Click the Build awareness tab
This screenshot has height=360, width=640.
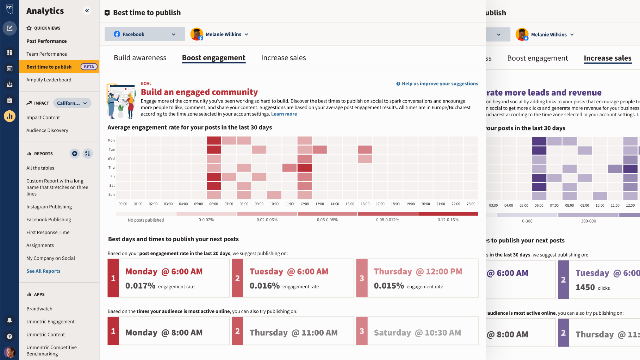(x=140, y=58)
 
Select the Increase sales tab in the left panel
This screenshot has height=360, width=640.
(x=283, y=58)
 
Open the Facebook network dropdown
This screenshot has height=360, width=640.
(x=145, y=34)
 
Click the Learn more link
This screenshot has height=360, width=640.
(x=284, y=114)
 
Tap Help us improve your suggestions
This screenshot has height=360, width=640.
(x=437, y=84)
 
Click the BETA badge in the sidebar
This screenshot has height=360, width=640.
(x=89, y=67)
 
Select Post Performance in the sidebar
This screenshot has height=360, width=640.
(x=46, y=41)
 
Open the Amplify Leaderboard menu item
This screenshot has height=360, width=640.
(x=49, y=80)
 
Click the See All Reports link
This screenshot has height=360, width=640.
(x=43, y=271)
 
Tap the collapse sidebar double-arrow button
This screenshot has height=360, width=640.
(x=87, y=11)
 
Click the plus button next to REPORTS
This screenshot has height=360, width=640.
(x=75, y=154)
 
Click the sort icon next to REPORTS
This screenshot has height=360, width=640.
(x=87, y=154)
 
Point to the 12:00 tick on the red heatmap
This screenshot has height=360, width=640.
(x=304, y=204)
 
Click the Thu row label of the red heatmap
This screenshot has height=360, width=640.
(x=111, y=168)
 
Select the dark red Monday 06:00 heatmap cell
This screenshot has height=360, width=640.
(x=214, y=140)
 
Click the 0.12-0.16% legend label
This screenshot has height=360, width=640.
(x=448, y=220)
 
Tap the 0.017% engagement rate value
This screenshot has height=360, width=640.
(x=140, y=286)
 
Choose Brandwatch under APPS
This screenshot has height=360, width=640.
(x=39, y=309)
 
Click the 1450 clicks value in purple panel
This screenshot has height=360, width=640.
(x=585, y=287)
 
